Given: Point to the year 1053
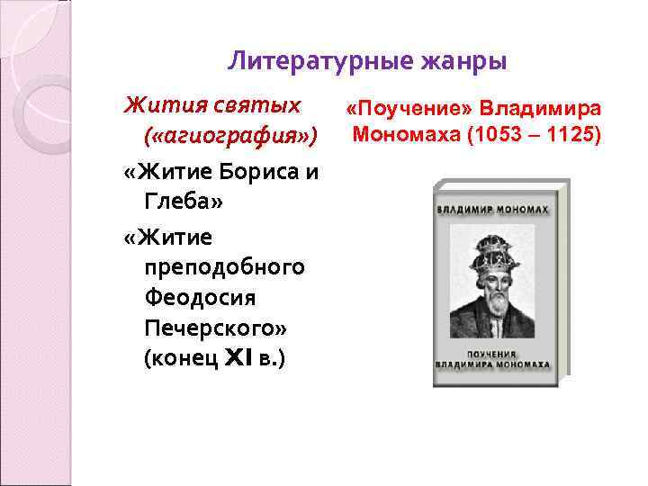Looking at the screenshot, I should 484,136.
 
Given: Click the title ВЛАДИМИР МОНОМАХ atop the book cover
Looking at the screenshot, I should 492,209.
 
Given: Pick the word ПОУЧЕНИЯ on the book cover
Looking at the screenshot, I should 491,354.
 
